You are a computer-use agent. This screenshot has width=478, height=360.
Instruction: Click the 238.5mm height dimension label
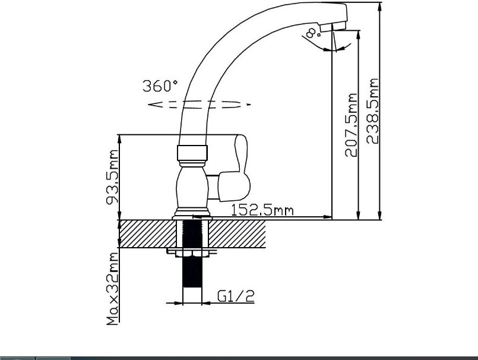click(x=372, y=110)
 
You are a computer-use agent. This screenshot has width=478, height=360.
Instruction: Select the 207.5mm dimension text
click(x=351, y=125)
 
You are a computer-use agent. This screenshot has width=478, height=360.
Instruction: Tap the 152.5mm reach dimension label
click(x=262, y=210)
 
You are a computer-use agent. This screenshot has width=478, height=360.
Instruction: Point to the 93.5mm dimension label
click(x=112, y=177)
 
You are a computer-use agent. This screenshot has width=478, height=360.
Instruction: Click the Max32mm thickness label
click(x=112, y=289)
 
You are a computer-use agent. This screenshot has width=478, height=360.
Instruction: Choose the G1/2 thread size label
click(x=236, y=296)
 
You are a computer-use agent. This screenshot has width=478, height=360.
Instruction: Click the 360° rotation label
click(x=160, y=86)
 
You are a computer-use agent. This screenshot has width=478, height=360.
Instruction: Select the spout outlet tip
click(x=334, y=27)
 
